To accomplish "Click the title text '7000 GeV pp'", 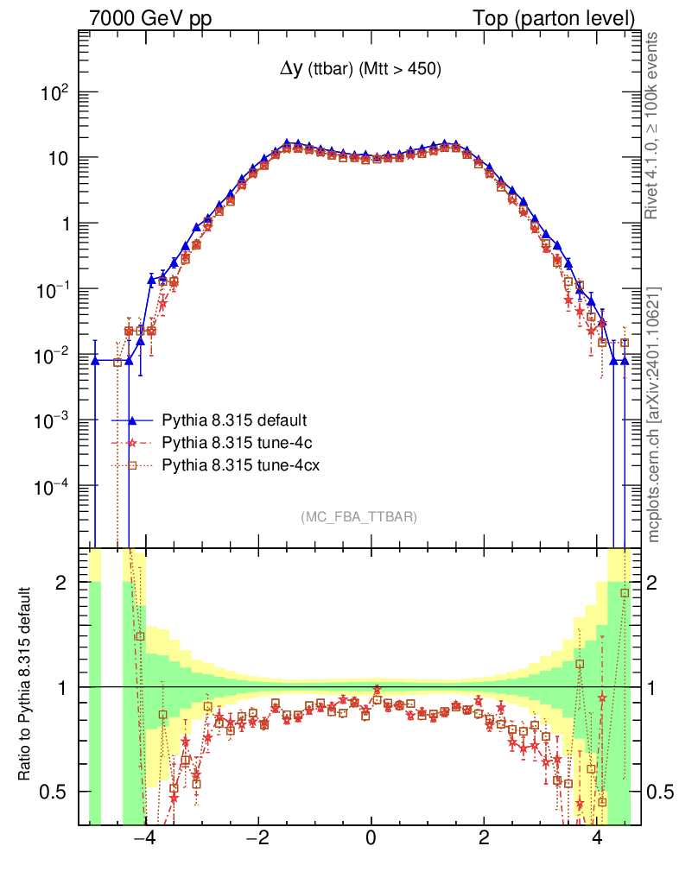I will pyautogui.click(x=150, y=18).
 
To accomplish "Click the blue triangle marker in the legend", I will pyautogui.click(x=133, y=420).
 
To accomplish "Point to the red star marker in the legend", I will pyautogui.click(x=133, y=443).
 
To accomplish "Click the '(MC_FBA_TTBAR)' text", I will pyautogui.click(x=359, y=517).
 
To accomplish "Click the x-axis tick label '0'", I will pyautogui.click(x=371, y=837).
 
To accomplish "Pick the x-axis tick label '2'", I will pyautogui.click(x=484, y=837).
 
